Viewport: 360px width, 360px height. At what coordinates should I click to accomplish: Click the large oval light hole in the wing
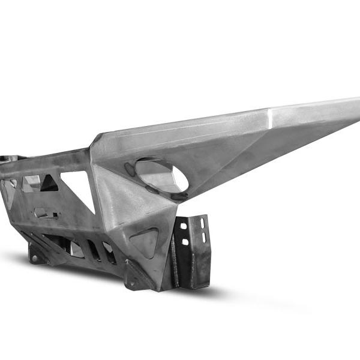coord(161,175)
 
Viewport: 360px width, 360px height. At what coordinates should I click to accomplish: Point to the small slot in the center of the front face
coord(46,212)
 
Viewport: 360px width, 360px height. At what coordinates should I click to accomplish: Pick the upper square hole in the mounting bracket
coord(184,227)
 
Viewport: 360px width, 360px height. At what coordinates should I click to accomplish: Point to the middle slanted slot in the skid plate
coord(95,250)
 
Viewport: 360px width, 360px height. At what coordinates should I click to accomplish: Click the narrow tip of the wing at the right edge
coord(356,107)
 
